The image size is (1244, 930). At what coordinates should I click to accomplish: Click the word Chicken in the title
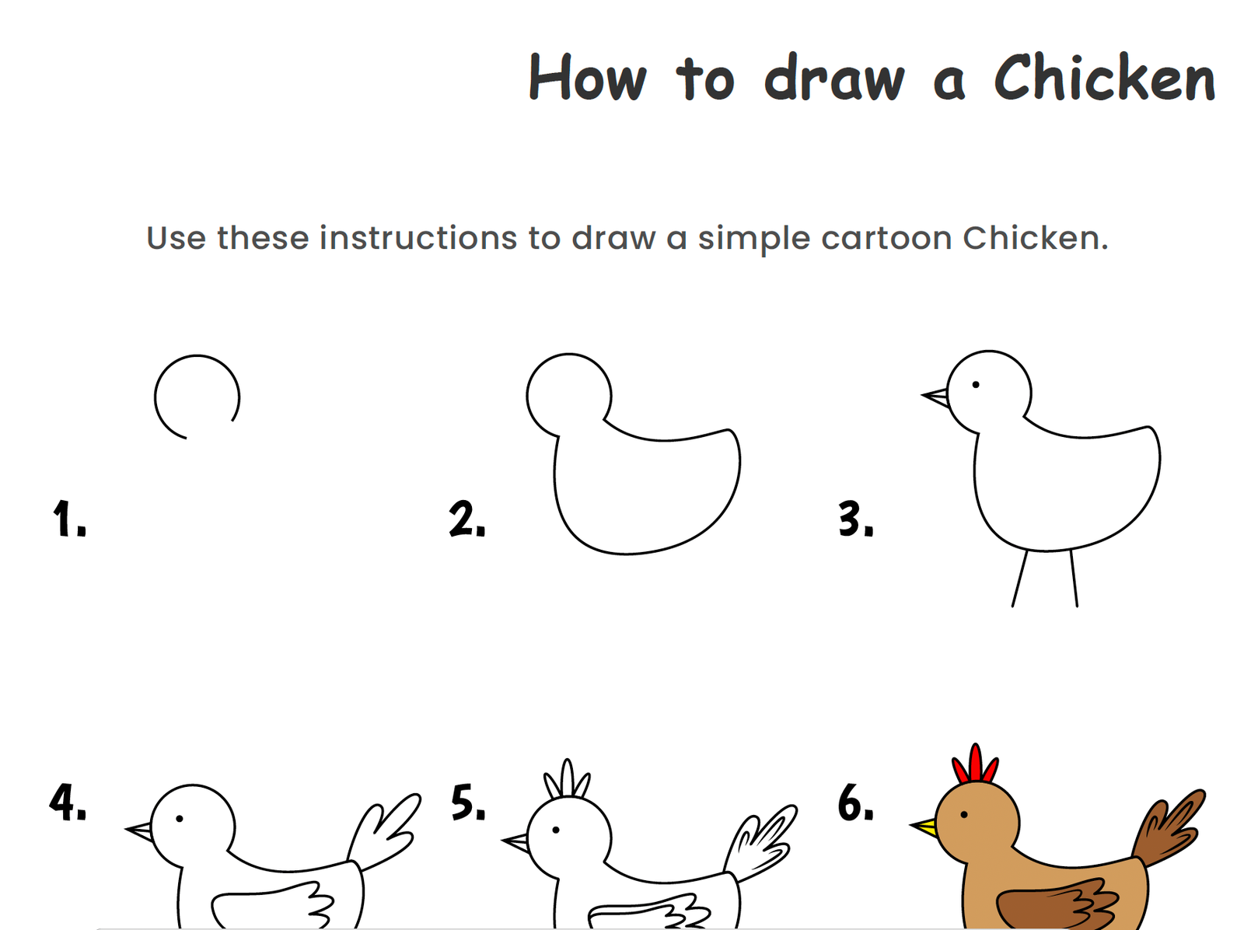[x=1104, y=79]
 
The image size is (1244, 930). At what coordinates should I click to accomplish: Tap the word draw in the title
[x=834, y=79]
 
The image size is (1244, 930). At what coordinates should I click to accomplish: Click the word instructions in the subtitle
[x=418, y=238]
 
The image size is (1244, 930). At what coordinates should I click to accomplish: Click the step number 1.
[x=68, y=519]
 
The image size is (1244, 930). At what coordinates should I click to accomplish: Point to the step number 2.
[x=466, y=519]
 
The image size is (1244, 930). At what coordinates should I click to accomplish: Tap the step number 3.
[x=855, y=519]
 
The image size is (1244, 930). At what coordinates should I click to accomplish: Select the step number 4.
[x=68, y=802]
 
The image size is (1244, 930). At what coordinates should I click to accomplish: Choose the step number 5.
[x=468, y=802]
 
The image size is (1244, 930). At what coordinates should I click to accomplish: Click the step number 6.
[x=855, y=802]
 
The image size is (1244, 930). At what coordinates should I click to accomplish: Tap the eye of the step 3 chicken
[x=975, y=384]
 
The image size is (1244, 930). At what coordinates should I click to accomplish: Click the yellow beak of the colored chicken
[x=926, y=826]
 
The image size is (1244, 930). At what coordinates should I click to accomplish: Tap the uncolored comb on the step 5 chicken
[x=568, y=779]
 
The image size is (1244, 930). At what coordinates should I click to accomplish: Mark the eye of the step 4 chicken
[x=180, y=818]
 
